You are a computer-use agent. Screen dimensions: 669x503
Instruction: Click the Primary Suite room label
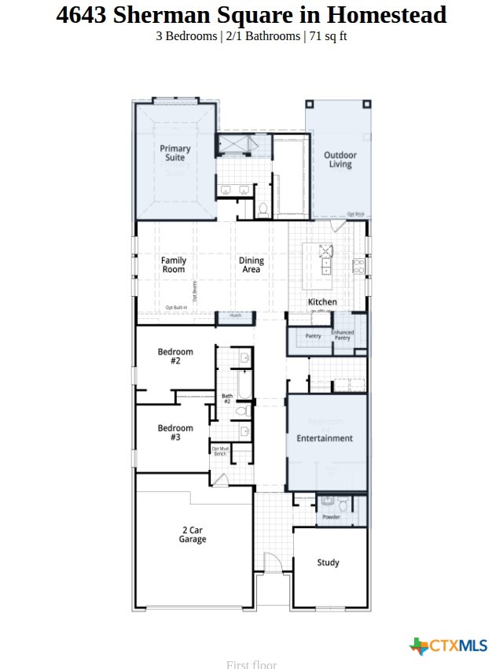[x=175, y=153]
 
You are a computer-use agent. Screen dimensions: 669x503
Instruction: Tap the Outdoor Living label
[x=340, y=160]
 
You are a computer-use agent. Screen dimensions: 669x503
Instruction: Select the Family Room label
[x=174, y=264]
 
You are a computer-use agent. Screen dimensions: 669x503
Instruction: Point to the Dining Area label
[x=251, y=264]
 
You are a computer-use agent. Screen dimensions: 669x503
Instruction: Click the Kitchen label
[x=322, y=301]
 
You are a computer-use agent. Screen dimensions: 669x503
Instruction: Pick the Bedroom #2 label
[x=174, y=356]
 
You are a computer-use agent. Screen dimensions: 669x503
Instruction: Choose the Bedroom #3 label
[x=174, y=432]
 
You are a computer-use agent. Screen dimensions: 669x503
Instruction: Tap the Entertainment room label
[x=325, y=438]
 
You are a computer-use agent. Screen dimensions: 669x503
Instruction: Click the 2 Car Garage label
[x=192, y=534]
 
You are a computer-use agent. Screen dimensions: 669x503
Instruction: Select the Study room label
[x=328, y=562]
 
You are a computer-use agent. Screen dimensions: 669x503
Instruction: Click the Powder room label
[x=331, y=517]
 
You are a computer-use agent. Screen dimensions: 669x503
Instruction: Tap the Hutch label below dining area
[x=235, y=316]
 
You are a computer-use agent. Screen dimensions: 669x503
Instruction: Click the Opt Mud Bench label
[x=219, y=451]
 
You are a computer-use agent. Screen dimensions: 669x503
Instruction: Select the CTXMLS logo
[x=449, y=646]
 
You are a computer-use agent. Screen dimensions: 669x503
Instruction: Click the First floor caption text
[x=251, y=664]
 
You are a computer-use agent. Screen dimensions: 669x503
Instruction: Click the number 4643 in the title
[x=82, y=14]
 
